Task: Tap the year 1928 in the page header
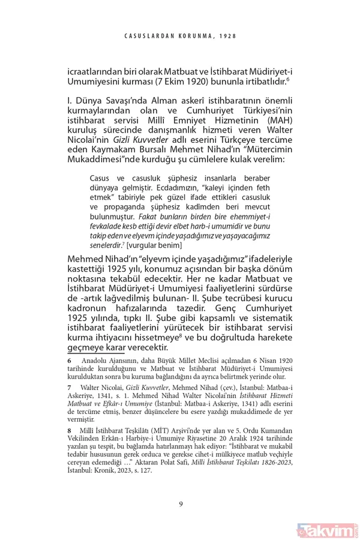(226, 35)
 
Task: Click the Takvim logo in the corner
(328, 530)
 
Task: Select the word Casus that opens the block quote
(100, 179)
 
